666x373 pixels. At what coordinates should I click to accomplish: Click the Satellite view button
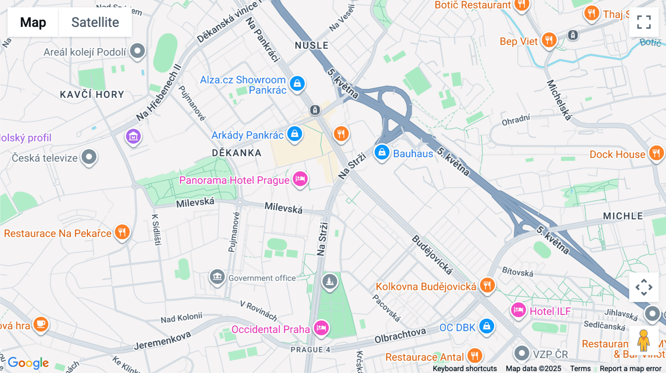pyautogui.click(x=95, y=22)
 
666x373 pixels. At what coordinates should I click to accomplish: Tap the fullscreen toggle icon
pyautogui.click(x=644, y=22)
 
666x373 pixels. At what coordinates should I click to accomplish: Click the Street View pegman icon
pyautogui.click(x=643, y=340)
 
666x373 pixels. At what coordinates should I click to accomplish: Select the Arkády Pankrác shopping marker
pyautogui.click(x=295, y=134)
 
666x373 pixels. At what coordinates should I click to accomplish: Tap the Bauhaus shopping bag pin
pyautogui.click(x=381, y=152)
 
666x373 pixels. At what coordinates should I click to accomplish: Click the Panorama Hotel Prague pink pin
pyautogui.click(x=300, y=179)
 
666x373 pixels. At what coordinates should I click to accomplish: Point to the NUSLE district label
pyautogui.click(x=312, y=45)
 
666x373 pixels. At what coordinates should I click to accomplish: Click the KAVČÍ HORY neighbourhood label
pyautogui.click(x=92, y=95)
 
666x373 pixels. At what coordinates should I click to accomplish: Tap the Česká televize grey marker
pyautogui.click(x=89, y=157)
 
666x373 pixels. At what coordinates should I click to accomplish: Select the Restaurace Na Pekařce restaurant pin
pyautogui.click(x=122, y=232)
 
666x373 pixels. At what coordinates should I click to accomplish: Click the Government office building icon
pyautogui.click(x=217, y=277)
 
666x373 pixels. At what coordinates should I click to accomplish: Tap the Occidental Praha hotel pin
pyautogui.click(x=321, y=328)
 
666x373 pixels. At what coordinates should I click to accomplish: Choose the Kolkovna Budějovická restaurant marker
pyautogui.click(x=487, y=285)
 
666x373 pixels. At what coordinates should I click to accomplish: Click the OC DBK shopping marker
pyautogui.click(x=487, y=326)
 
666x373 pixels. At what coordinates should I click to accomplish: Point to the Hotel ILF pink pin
pyautogui.click(x=518, y=310)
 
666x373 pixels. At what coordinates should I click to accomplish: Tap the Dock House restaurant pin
pyautogui.click(x=656, y=153)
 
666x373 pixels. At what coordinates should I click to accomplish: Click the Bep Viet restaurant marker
pyautogui.click(x=549, y=40)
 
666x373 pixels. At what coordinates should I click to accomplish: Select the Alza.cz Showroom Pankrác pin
pyautogui.click(x=297, y=84)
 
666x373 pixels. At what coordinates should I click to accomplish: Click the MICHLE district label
pyautogui.click(x=623, y=216)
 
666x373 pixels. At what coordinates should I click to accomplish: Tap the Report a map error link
pyautogui.click(x=630, y=368)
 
